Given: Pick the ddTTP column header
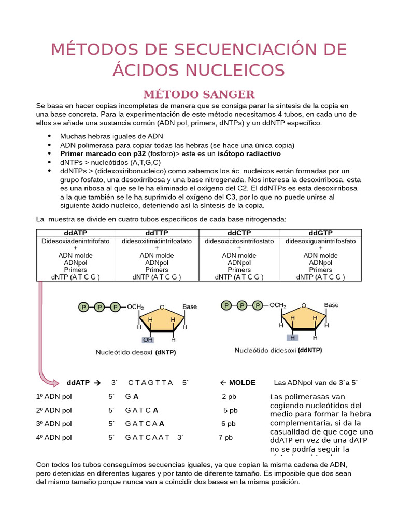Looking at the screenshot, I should click(157, 233).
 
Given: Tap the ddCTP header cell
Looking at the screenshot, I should click(239, 233).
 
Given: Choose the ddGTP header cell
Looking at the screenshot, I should click(320, 233).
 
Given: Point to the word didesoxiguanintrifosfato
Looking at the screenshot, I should click(320, 241).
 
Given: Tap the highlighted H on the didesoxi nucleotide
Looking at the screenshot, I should click(292, 338).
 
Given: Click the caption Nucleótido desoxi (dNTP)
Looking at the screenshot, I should click(136, 353).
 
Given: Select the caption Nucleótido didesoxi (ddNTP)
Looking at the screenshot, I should click(278, 350).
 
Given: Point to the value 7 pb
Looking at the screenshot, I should click(225, 437).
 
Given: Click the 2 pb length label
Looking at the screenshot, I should click(229, 397).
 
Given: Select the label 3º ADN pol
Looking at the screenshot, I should click(54, 424).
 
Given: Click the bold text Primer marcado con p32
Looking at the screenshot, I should click(103, 154).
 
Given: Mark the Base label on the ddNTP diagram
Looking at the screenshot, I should click(331, 305).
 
